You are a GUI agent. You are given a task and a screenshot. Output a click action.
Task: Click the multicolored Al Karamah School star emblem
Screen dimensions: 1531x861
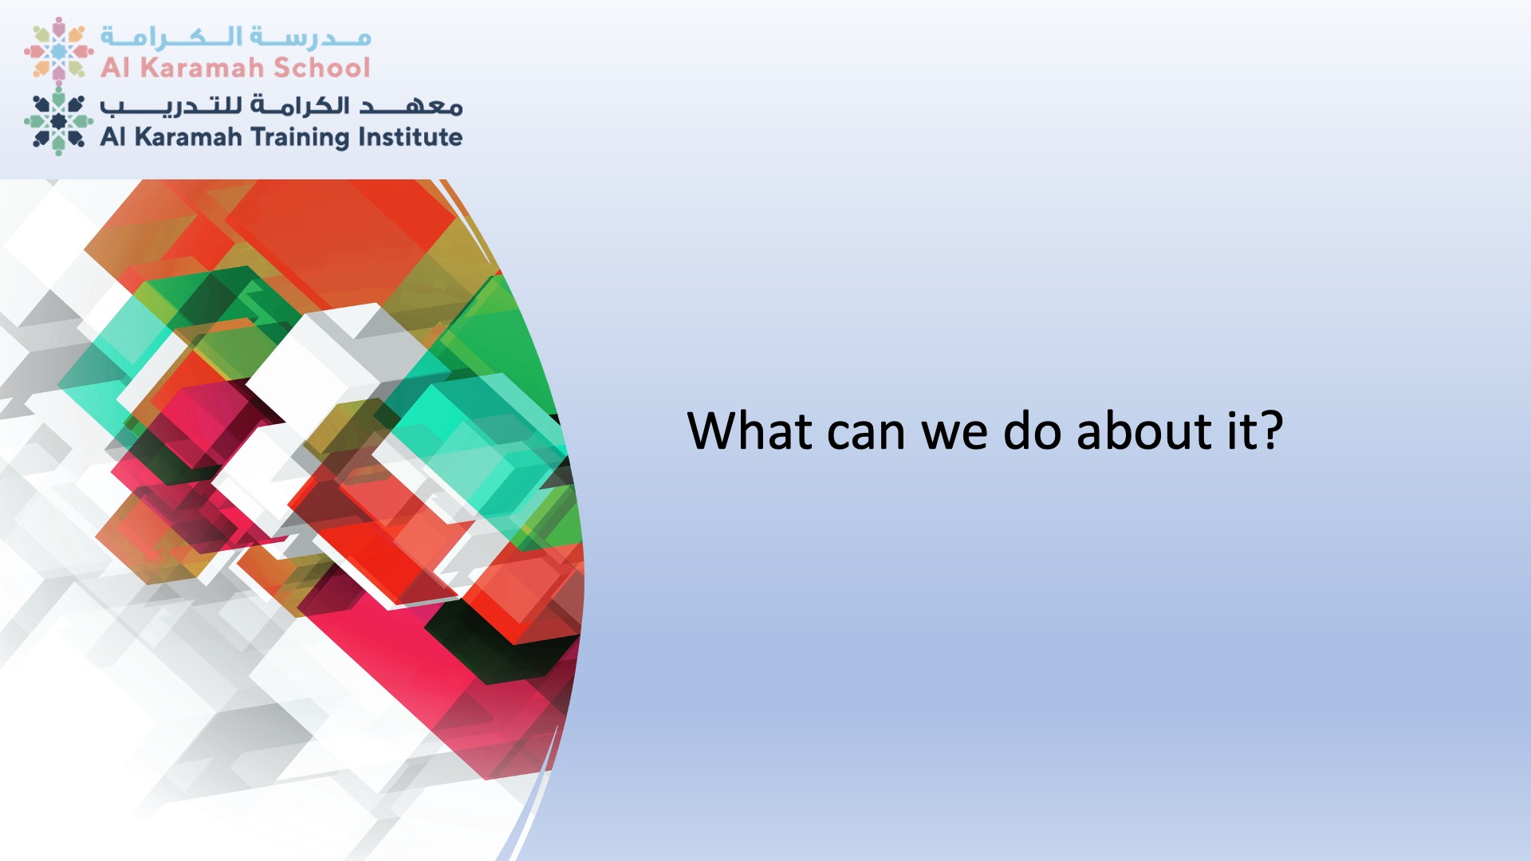(x=58, y=49)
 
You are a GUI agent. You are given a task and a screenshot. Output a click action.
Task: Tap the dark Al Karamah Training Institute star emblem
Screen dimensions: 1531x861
(x=58, y=121)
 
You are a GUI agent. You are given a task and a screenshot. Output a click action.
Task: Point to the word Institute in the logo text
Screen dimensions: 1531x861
(x=410, y=137)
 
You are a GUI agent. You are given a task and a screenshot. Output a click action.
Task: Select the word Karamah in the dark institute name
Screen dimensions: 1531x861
(x=188, y=137)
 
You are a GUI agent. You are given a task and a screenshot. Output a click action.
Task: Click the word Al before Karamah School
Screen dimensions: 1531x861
(x=115, y=68)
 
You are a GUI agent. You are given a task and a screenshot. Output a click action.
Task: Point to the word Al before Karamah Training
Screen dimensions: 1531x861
(x=113, y=137)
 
